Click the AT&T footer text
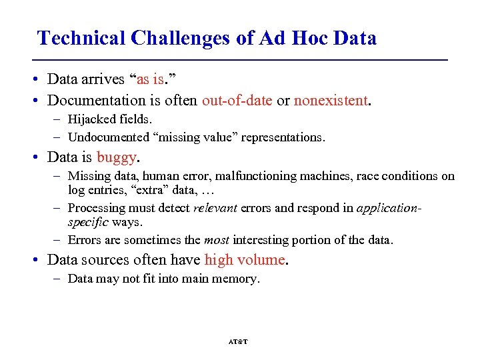point(238,341)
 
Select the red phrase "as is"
point(150,79)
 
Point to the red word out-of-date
point(237,101)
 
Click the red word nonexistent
point(331,101)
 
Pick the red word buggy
point(117,157)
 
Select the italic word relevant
point(215,208)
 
